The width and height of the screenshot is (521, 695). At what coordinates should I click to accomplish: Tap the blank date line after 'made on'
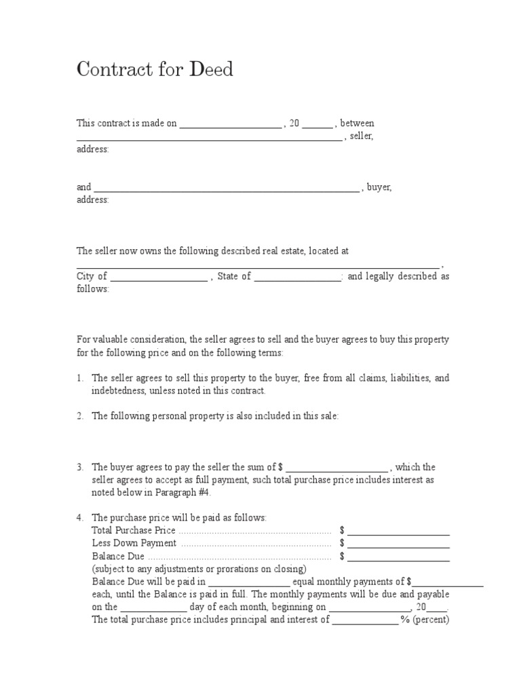230,125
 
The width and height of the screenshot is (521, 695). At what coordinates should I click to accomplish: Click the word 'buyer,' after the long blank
379,187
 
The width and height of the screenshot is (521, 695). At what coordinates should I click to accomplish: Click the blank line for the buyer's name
227,189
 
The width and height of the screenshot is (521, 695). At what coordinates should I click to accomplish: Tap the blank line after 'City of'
159,278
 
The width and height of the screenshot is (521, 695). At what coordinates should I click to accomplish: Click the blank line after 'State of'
298,278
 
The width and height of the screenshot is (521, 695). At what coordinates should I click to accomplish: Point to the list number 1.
79,378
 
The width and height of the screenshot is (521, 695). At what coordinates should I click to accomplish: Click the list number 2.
79,417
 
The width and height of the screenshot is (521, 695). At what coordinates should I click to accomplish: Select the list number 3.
79,467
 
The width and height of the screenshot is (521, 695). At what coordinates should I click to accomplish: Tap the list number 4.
79,518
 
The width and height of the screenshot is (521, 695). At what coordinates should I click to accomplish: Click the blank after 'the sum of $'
337,469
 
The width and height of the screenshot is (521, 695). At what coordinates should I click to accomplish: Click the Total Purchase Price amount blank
399,532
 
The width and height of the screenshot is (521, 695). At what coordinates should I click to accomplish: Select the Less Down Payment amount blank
399,545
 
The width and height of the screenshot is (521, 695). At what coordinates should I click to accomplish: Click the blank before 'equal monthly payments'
250,584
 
